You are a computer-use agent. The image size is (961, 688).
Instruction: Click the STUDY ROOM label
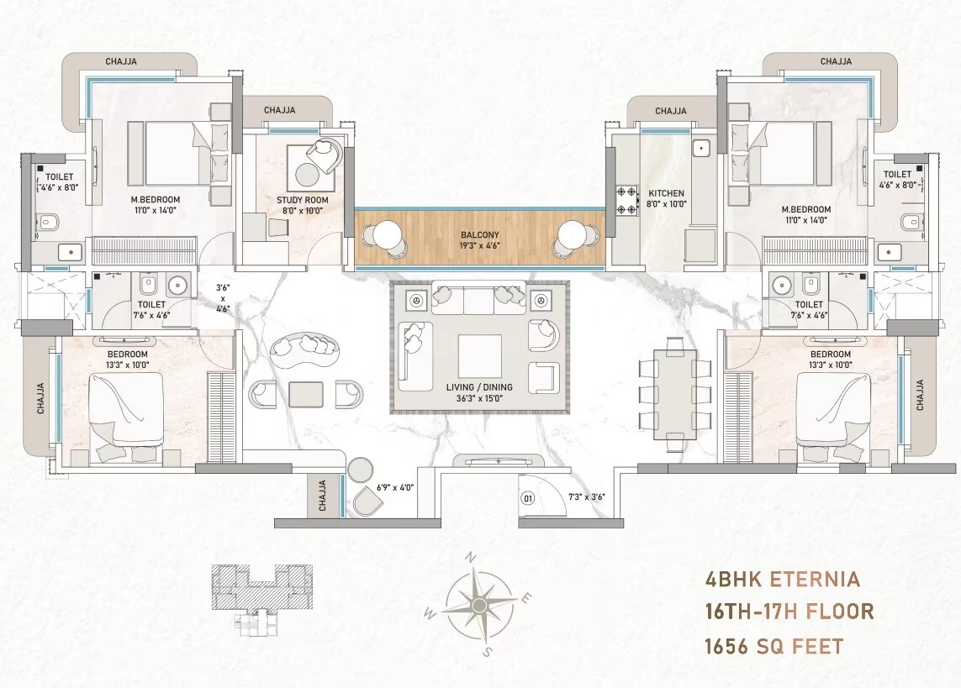click(x=303, y=200)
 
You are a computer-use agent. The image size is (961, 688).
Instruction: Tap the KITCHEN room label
click(x=667, y=193)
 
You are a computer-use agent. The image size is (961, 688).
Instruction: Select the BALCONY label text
click(x=479, y=235)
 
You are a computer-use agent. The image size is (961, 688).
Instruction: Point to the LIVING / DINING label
click(x=480, y=387)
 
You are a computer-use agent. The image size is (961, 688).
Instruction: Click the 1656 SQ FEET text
click(x=773, y=646)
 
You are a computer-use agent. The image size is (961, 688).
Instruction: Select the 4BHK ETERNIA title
click(x=781, y=579)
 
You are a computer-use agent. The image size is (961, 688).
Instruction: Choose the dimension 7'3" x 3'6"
click(x=587, y=496)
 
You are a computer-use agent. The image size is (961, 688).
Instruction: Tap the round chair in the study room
click(x=324, y=153)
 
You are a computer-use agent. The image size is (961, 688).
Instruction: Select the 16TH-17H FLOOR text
click(x=789, y=612)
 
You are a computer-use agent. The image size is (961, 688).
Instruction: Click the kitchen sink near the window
click(x=701, y=148)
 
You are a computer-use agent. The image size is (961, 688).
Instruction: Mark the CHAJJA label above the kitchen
click(x=671, y=111)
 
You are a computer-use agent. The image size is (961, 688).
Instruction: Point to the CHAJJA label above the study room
click(x=279, y=110)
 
